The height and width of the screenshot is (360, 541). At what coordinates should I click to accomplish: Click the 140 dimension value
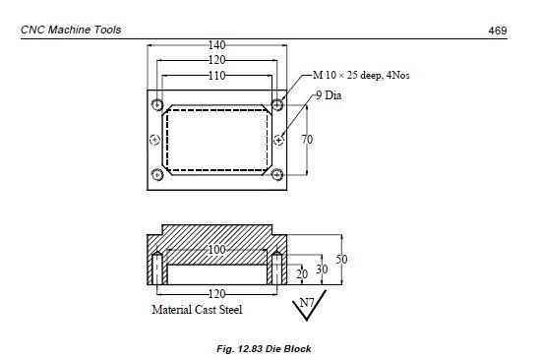217,45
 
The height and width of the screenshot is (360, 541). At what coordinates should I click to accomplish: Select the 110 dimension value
217,75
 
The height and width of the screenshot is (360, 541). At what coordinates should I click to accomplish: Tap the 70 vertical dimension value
307,140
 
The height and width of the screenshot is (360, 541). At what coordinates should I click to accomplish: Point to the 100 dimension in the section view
217,249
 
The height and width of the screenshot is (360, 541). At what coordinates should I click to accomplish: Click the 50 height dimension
341,260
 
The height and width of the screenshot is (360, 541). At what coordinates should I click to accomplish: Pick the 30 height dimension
322,270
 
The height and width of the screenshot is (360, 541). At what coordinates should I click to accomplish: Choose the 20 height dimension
302,274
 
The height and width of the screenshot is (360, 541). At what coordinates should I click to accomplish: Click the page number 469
498,30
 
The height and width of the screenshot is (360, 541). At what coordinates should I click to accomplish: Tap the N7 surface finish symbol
308,305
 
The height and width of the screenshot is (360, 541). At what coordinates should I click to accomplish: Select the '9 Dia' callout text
329,95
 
